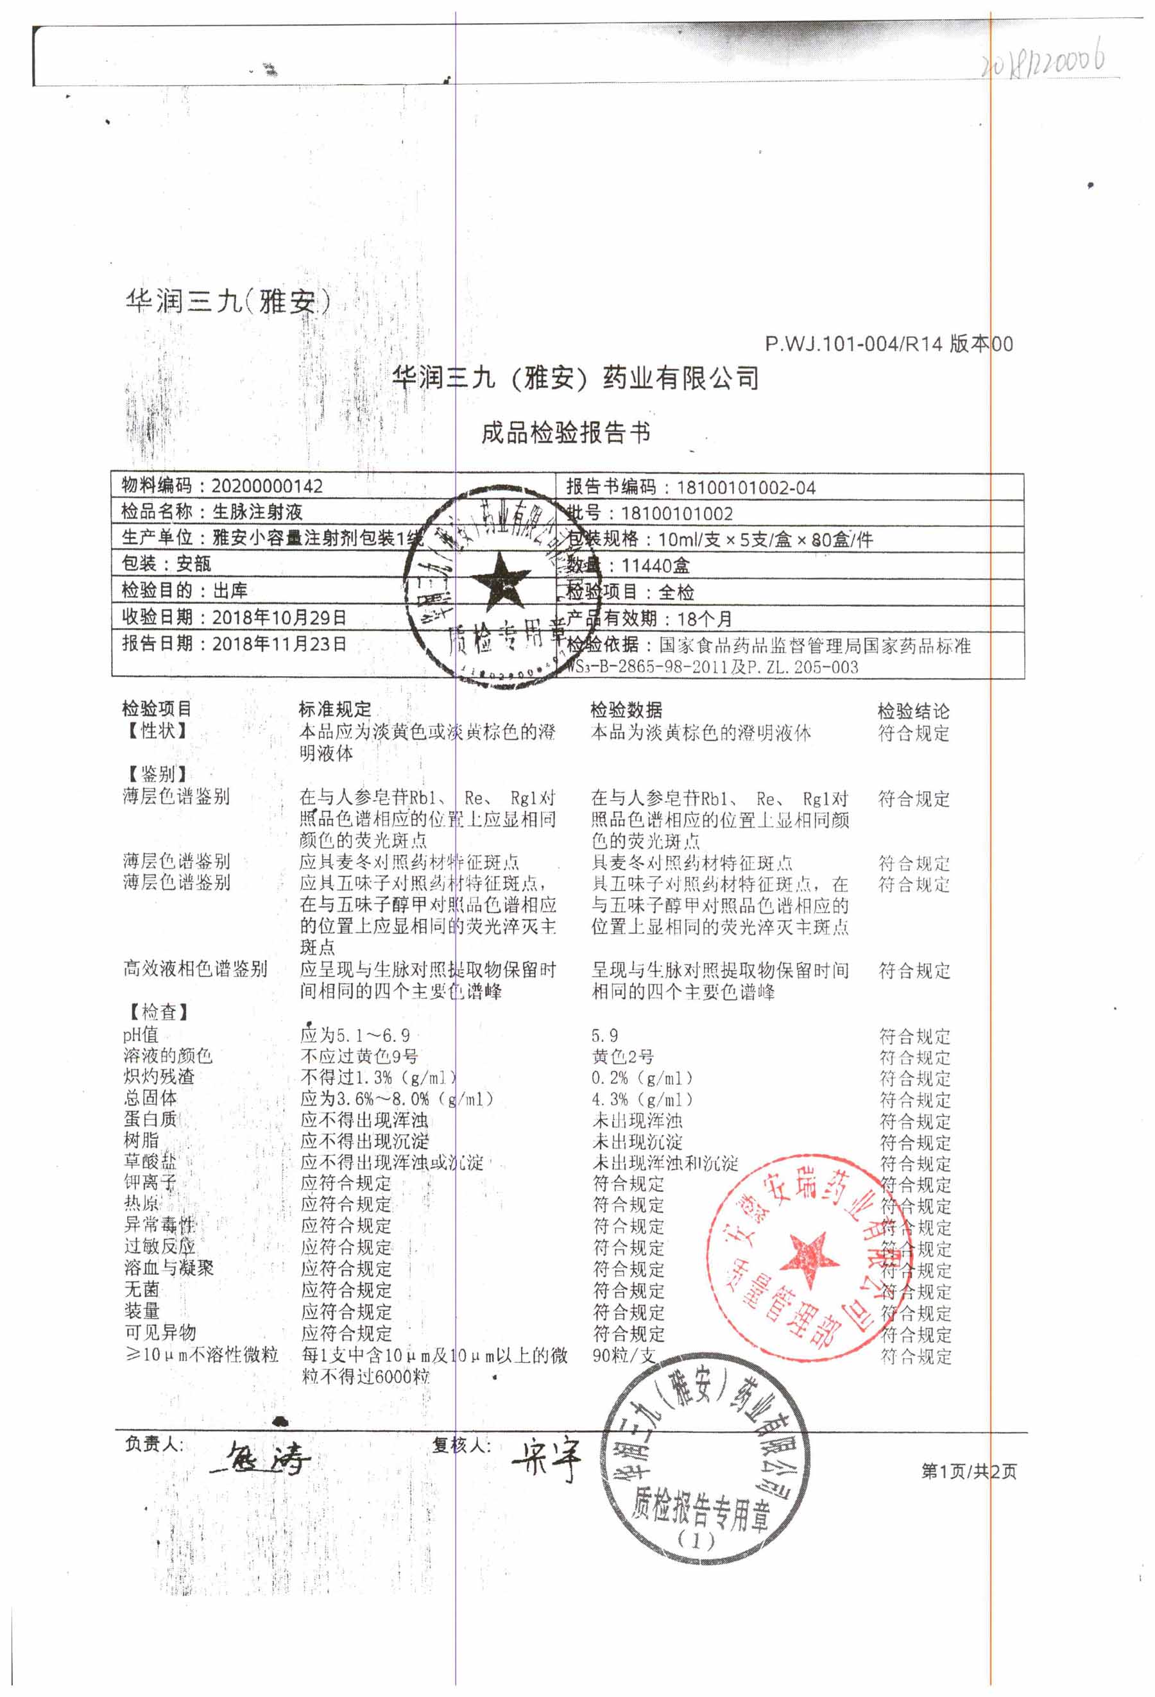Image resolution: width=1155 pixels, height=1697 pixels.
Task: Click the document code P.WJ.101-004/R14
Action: [x=853, y=343]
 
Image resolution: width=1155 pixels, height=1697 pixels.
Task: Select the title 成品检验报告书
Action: [x=565, y=432]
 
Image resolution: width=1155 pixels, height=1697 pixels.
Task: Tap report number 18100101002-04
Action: [x=746, y=487]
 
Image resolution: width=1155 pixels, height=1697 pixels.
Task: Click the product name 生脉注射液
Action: [x=257, y=511]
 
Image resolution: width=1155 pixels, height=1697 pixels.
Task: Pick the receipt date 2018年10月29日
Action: [x=279, y=617]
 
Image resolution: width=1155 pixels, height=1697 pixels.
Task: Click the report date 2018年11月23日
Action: [x=279, y=644]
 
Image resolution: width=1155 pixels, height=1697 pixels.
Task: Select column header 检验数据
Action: [x=626, y=709]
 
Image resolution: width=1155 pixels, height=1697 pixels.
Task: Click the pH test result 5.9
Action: [x=604, y=1035]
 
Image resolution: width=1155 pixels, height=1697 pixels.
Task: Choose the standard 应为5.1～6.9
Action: [x=355, y=1035]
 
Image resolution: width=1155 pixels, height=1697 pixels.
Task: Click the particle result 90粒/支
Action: [x=624, y=1355]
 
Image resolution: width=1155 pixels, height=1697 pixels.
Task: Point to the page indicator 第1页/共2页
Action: [x=968, y=1471]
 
